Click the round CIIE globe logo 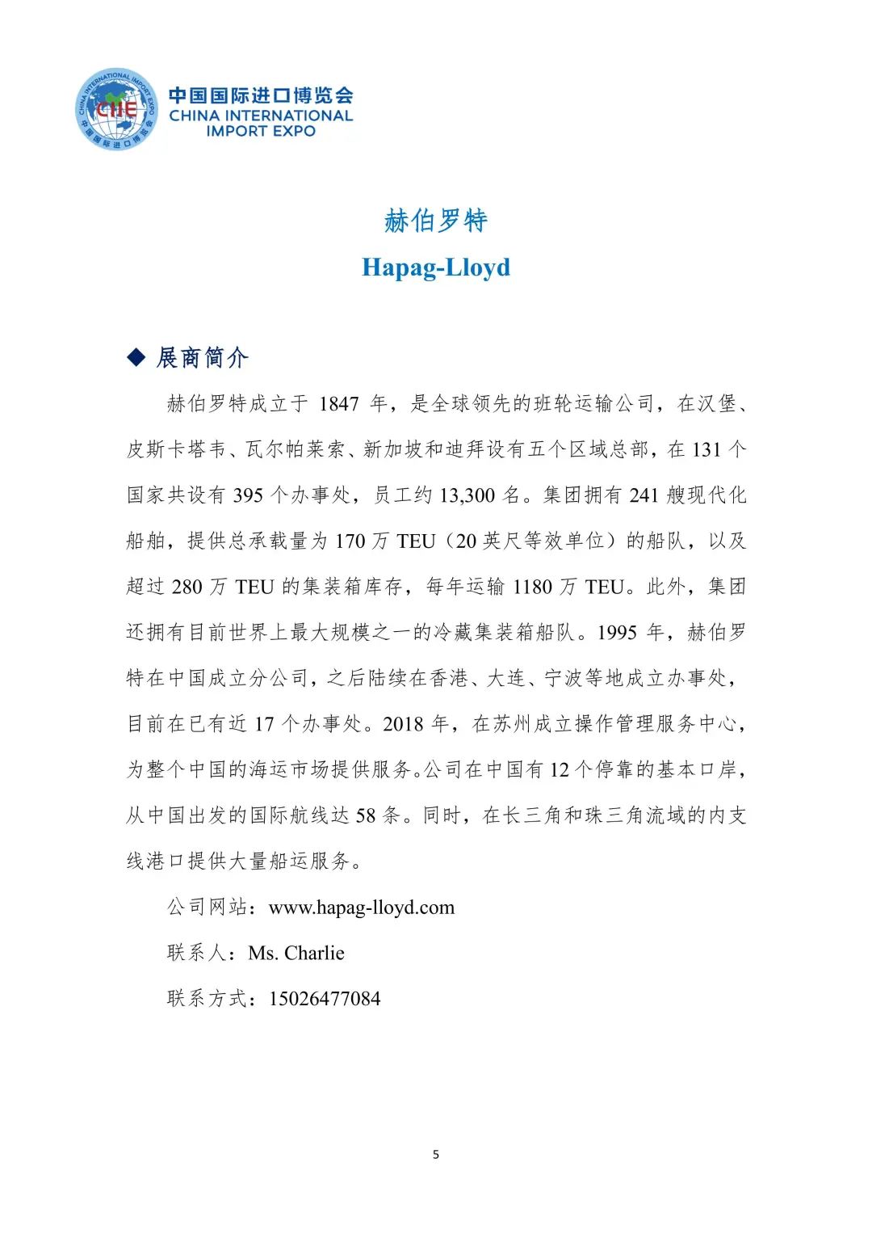click(x=115, y=109)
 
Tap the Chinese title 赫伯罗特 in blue click(x=436, y=221)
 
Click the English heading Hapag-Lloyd click(x=436, y=267)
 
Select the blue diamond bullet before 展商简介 click(x=136, y=357)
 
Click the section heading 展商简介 click(x=202, y=357)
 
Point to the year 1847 click(x=338, y=404)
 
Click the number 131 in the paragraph click(x=706, y=450)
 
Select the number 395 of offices click(x=248, y=495)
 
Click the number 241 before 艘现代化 click(x=644, y=495)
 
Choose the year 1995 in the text click(x=618, y=633)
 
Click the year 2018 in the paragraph click(x=403, y=724)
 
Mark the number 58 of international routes click(x=366, y=815)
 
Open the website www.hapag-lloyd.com click(x=362, y=908)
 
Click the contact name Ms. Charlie click(x=296, y=954)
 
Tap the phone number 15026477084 click(x=325, y=999)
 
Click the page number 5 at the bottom click(x=436, y=1154)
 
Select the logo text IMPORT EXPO click(x=261, y=131)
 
